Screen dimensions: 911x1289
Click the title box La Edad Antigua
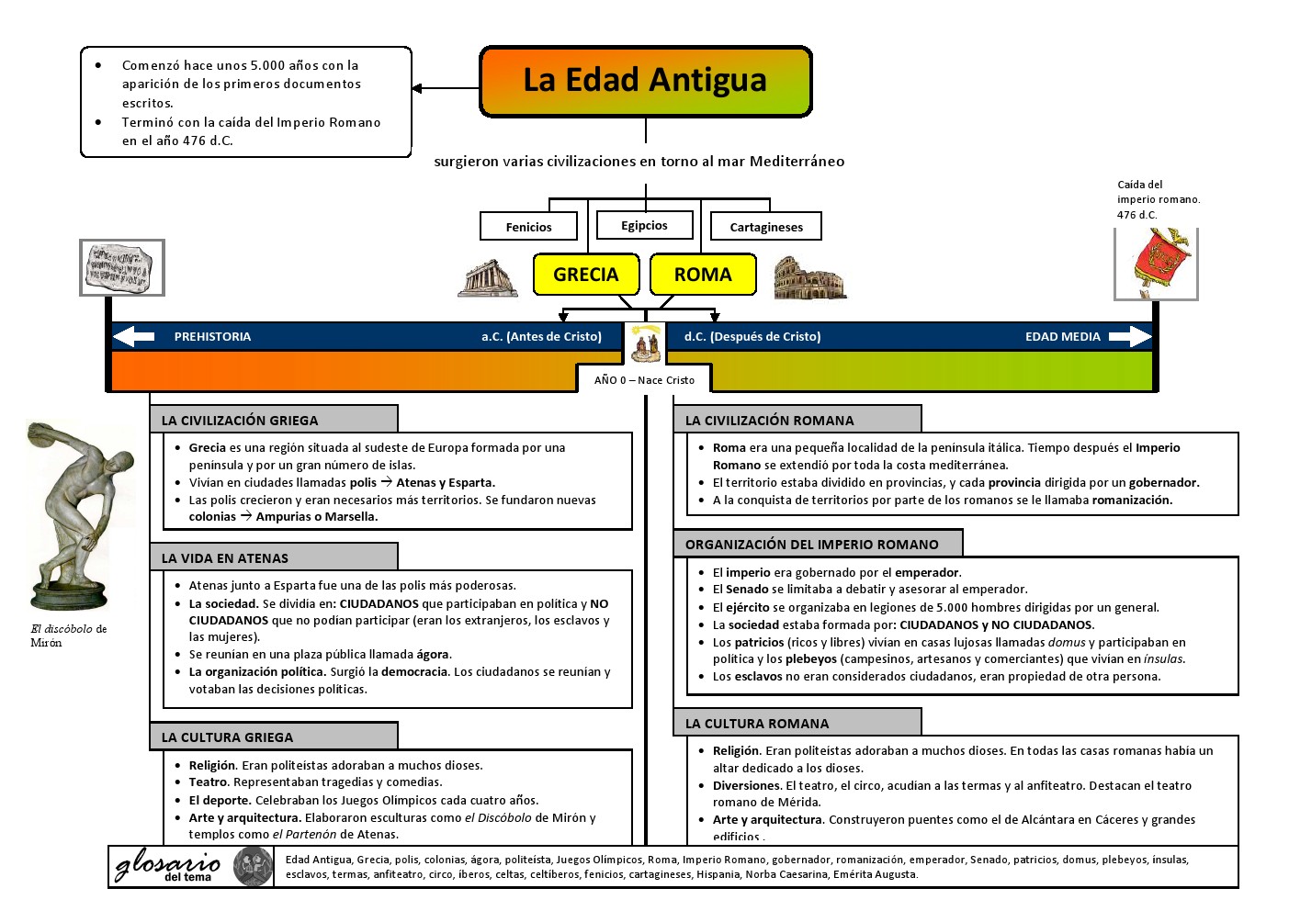tap(646, 82)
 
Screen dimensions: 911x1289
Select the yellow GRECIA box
tap(586, 275)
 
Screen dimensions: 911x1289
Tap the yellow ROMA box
tap(703, 275)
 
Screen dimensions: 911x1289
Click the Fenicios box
tap(529, 227)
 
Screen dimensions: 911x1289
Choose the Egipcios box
tap(644, 225)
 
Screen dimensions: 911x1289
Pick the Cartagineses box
tap(766, 227)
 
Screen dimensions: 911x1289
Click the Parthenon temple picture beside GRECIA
tap(488, 277)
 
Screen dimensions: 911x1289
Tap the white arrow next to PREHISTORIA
tap(134, 337)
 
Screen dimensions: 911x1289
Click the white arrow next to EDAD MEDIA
tap(1129, 337)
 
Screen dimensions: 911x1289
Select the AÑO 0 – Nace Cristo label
tap(644, 380)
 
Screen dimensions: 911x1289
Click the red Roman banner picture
tap(1157, 264)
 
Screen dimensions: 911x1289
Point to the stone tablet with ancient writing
tap(122, 267)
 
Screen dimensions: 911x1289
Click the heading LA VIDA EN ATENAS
tap(225, 558)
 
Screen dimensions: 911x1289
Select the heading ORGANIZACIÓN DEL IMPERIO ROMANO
tap(812, 545)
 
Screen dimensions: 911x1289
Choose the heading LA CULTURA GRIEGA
tap(228, 737)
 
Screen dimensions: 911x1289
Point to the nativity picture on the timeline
tap(646, 343)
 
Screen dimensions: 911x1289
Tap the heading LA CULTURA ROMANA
tap(757, 724)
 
